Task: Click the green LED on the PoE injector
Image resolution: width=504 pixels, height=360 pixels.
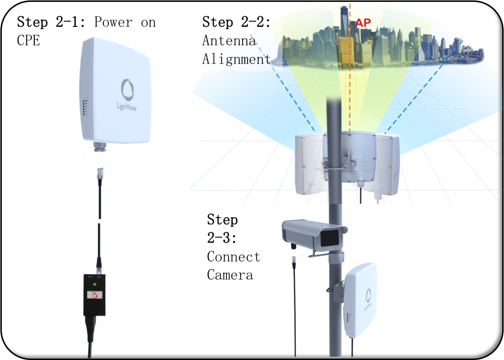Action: coord(95,284)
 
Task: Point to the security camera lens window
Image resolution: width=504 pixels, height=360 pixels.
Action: coord(330,238)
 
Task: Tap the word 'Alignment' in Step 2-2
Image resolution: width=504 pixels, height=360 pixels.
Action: coord(236,59)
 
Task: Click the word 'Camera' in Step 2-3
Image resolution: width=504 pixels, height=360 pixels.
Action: coord(230,275)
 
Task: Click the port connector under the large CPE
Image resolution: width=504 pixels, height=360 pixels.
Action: coord(99,147)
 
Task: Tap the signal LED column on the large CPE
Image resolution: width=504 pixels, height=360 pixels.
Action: coord(84,108)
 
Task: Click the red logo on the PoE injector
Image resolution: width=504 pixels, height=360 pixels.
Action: coord(95,296)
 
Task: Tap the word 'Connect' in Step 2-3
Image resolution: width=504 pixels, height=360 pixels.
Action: coord(234,257)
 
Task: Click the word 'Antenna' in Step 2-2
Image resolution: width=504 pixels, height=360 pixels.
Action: coord(229,41)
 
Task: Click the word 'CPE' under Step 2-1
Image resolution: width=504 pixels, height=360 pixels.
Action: coord(29,40)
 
